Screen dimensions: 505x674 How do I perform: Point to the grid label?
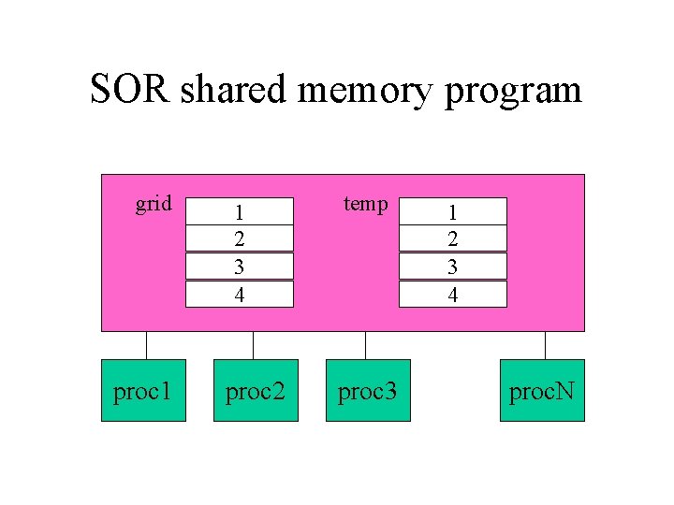154,203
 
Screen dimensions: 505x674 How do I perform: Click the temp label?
365,203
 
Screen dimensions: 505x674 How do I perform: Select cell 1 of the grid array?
240,211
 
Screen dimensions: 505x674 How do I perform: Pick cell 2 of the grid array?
240,238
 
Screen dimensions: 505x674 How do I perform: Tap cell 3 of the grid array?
240,267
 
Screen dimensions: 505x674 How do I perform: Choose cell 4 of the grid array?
240,294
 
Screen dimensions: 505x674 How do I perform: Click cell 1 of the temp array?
453,211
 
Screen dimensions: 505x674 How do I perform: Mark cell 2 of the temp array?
453,238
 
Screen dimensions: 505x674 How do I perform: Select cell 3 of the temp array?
453,267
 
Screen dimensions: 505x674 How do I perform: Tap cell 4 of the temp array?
453,294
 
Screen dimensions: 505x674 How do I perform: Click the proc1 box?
143,390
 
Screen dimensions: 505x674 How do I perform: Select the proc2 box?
256,390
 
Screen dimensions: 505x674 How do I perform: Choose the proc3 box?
368,390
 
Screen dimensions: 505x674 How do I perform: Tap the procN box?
542,390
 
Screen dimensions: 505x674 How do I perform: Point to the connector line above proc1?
146,345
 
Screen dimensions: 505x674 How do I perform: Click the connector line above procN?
541,345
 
